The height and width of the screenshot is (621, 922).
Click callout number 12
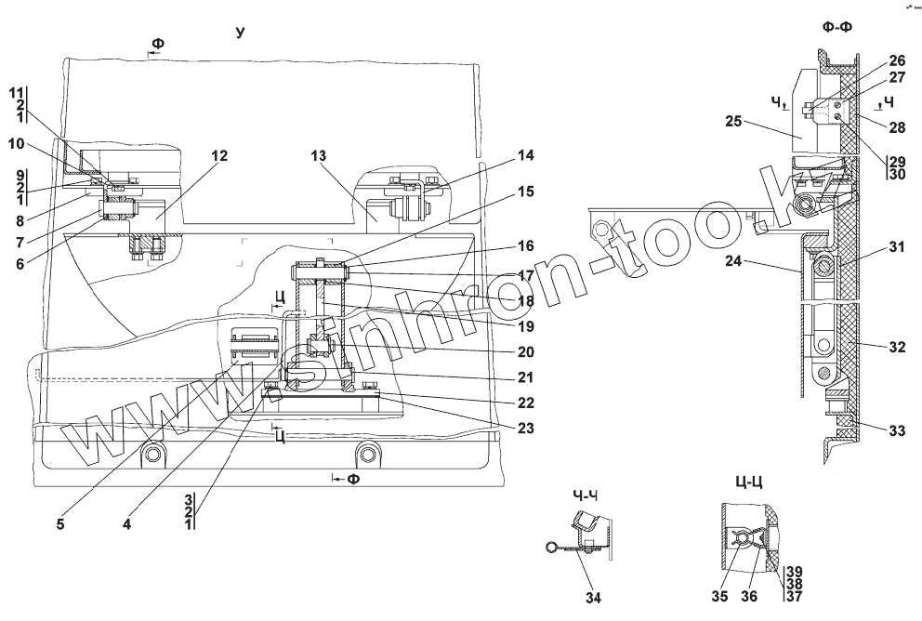pos(219,155)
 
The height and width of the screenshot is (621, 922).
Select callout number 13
pos(319,155)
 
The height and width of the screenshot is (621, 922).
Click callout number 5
pos(59,523)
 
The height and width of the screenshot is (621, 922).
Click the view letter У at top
pos(240,33)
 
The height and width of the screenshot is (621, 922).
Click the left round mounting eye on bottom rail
pos(151,454)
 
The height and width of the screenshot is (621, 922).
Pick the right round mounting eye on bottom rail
pos(368,454)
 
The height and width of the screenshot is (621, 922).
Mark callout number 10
pos(17,145)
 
